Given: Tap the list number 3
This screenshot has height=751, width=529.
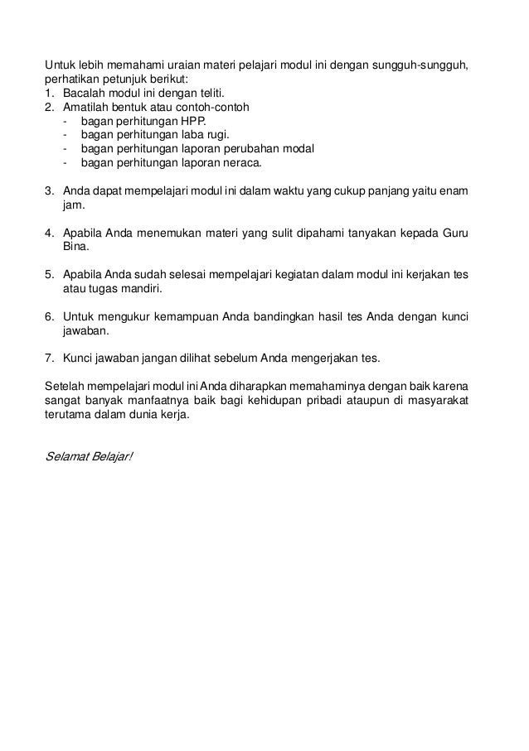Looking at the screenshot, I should click(x=48, y=192).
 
